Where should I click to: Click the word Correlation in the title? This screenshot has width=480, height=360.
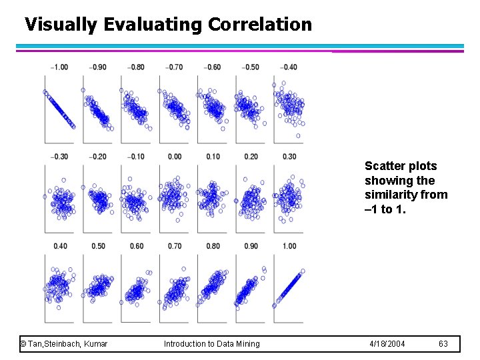pyautogui.click(x=259, y=25)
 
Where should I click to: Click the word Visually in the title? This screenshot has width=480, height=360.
pyautogui.click(x=61, y=25)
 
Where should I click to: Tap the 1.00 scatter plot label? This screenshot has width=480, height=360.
pyautogui.click(x=289, y=246)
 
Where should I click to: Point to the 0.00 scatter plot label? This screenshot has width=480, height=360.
pyautogui.click(x=174, y=157)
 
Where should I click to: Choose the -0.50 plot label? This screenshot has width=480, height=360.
pyautogui.click(x=251, y=67)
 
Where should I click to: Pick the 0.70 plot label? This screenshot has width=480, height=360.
pyautogui.click(x=175, y=246)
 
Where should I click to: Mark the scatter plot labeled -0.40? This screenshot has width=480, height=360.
pyautogui.click(x=289, y=107)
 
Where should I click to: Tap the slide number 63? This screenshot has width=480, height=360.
pyautogui.click(x=443, y=343)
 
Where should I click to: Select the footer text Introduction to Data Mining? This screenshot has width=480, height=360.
pyautogui.click(x=212, y=343)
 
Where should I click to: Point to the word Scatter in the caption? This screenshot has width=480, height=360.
pyautogui.click(x=383, y=166)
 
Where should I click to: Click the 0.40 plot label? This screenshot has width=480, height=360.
pyautogui.click(x=60, y=246)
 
